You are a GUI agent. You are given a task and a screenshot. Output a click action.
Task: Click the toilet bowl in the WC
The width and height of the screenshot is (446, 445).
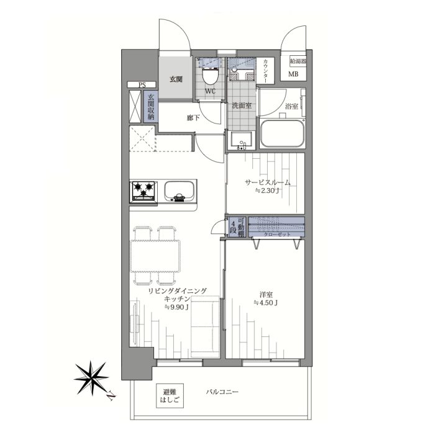click(210, 76)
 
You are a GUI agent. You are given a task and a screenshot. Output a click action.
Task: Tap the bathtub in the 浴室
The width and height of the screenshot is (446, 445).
click(282, 133)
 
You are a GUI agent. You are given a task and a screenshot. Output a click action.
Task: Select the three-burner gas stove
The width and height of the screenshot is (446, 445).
click(143, 192)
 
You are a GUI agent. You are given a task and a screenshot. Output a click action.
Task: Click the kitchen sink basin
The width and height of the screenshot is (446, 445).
click(179, 191)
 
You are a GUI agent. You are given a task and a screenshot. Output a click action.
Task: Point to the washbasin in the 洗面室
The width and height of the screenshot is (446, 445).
click(241, 140)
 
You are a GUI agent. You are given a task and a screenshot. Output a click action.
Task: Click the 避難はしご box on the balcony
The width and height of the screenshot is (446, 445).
click(170, 396)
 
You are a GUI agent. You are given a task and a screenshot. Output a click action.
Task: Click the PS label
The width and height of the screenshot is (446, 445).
click(142, 84)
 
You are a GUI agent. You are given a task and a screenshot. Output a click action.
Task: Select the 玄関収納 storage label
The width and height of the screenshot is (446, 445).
click(151, 107)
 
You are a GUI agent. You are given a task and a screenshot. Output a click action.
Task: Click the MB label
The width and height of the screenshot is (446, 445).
click(293, 74)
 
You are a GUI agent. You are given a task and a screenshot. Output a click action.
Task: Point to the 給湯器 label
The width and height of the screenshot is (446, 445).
click(298, 61)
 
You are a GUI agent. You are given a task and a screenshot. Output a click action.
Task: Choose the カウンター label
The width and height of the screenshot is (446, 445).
click(265, 71)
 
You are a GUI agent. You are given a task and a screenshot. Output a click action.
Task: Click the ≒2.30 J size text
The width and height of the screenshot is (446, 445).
click(267, 191)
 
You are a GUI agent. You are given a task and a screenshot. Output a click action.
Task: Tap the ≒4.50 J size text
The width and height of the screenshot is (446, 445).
click(266, 303)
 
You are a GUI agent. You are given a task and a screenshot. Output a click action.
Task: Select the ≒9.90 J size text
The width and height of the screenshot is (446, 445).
click(176, 307)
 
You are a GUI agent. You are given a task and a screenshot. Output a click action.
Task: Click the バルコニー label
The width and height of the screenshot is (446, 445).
click(222, 392)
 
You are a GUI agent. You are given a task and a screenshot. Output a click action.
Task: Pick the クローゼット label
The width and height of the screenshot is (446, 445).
click(277, 235)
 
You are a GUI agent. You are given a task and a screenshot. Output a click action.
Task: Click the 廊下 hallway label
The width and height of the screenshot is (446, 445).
click(193, 117)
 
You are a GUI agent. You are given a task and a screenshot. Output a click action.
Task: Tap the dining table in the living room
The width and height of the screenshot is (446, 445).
click(155, 256)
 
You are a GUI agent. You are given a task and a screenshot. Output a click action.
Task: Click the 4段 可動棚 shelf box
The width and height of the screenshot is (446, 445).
click(237, 227)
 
